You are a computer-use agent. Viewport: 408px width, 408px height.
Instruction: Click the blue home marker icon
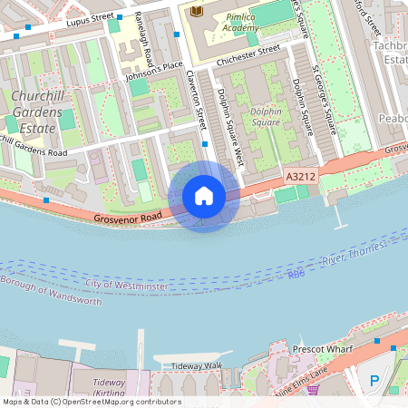tap(204, 196)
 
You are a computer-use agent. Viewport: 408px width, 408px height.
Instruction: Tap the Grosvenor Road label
tap(127, 219)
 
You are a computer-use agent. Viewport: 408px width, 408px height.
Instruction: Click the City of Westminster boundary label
tap(125, 286)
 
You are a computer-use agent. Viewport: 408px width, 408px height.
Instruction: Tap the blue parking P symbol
tap(373, 382)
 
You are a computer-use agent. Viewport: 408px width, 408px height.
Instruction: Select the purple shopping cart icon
tap(313, 390)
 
